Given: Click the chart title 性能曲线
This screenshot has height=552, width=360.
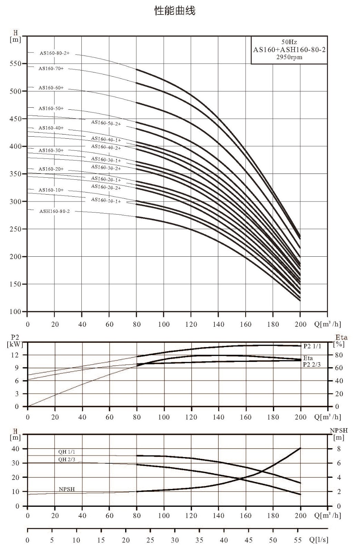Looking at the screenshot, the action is (x=175, y=11).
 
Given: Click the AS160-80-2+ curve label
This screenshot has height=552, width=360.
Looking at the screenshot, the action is (x=55, y=53).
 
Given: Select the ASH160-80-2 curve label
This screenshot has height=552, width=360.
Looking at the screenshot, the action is (x=55, y=211).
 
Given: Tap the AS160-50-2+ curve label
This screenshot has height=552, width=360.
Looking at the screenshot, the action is (x=106, y=123).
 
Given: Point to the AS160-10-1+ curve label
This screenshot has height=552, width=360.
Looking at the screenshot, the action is (x=106, y=200).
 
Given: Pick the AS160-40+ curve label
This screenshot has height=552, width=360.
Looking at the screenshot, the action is (x=51, y=128).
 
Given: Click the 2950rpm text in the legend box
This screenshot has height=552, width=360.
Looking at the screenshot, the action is (x=289, y=57).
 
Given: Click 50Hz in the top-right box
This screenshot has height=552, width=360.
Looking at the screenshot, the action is (x=289, y=42).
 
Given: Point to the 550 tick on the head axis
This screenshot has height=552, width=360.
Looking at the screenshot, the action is (x=15, y=63).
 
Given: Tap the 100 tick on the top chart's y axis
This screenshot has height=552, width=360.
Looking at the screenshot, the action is (x=15, y=312).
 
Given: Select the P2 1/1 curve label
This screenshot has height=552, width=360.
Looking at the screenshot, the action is (x=312, y=346).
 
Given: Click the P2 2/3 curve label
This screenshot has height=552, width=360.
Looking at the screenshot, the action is (x=312, y=364).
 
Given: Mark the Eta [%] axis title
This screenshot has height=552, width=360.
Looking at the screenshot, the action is (x=341, y=341).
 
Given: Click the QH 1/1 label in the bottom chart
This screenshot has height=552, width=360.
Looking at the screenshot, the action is (x=67, y=452).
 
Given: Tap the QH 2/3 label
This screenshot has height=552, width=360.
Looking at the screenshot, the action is (x=67, y=459).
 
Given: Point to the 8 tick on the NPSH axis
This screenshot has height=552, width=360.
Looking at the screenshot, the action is (x=339, y=449).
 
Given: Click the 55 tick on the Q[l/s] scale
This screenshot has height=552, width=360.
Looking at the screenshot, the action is (x=298, y=540).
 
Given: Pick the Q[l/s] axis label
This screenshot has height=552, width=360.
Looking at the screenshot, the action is (x=319, y=540).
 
